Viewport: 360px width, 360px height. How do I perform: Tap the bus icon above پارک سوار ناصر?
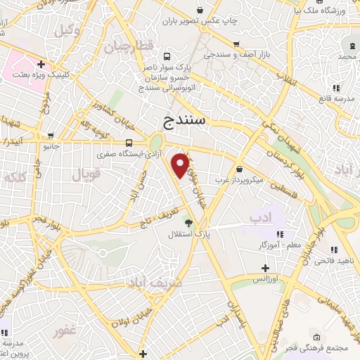(167, 56)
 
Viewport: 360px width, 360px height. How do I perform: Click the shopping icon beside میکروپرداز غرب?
(240, 169)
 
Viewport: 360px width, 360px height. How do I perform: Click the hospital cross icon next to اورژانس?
(265, 267)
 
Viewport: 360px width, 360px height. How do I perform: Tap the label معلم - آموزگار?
(259, 243)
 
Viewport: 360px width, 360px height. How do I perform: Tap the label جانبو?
(49, 148)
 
